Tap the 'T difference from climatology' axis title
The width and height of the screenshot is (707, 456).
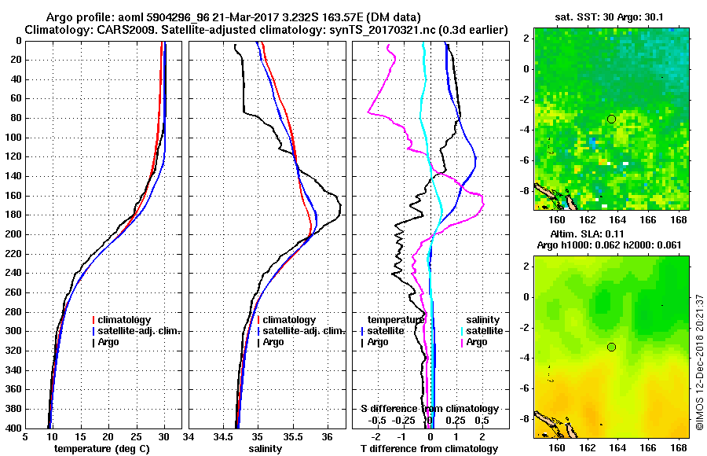429,449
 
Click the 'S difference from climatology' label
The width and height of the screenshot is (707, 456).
429,409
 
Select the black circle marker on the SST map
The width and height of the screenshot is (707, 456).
611,119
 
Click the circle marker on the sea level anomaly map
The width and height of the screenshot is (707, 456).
611,347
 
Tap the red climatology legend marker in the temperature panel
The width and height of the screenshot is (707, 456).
93,320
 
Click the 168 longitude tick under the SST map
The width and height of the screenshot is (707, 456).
681,219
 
